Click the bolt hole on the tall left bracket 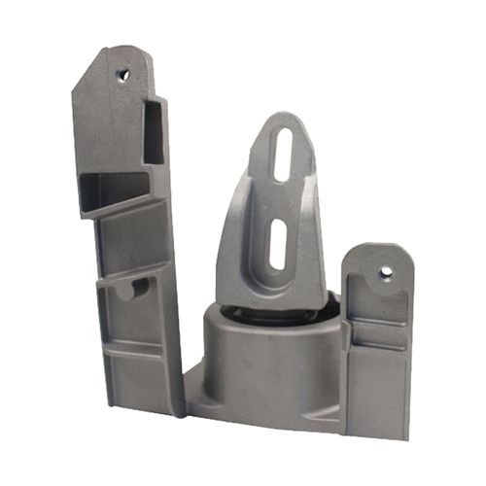(123, 73)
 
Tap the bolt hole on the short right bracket (386, 273)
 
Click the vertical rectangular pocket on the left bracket (154, 131)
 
